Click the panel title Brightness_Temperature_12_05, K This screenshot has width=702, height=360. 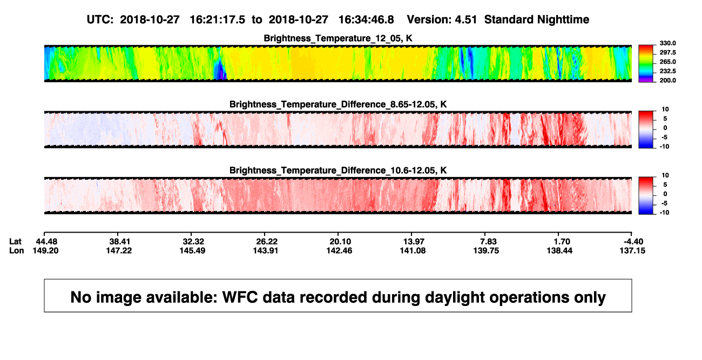pyautogui.click(x=338, y=38)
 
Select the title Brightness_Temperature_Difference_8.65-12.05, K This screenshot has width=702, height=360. pyautogui.click(x=338, y=104)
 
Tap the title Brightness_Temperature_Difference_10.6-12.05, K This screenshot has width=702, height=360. pyautogui.click(x=338, y=171)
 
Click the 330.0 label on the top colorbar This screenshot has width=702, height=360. pyautogui.click(x=667, y=43)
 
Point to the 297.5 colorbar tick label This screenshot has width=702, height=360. pyautogui.click(x=667, y=53)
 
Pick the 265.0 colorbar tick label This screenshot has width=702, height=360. pyautogui.click(x=667, y=62)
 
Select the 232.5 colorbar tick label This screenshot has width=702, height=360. pyautogui.click(x=667, y=71)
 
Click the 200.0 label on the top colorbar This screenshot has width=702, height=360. pyautogui.click(x=667, y=80)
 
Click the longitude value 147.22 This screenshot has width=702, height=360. pyautogui.click(x=119, y=250)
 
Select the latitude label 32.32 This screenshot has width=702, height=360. pyautogui.click(x=193, y=242)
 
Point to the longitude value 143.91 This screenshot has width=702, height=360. pyautogui.click(x=266, y=250)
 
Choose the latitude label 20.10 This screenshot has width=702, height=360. pyautogui.click(x=340, y=242)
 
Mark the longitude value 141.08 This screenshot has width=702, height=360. pyautogui.click(x=413, y=250)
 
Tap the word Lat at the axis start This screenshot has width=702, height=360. pyautogui.click(x=15, y=242)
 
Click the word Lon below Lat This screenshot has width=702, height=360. pyautogui.click(x=17, y=250)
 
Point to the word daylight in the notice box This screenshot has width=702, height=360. pyautogui.click(x=454, y=297)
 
